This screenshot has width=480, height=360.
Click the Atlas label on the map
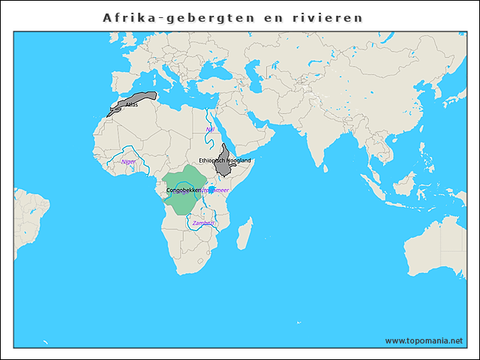point(132,105)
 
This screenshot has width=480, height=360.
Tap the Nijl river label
point(210,130)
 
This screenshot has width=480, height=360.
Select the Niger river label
point(129,161)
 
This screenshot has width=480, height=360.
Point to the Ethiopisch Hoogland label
point(225,161)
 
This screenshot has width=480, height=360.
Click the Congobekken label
point(184,190)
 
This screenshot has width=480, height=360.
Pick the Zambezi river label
point(203,223)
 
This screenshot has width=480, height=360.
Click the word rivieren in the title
point(325,16)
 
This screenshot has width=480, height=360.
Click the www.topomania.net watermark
point(424,340)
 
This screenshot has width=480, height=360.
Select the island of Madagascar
point(244,233)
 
